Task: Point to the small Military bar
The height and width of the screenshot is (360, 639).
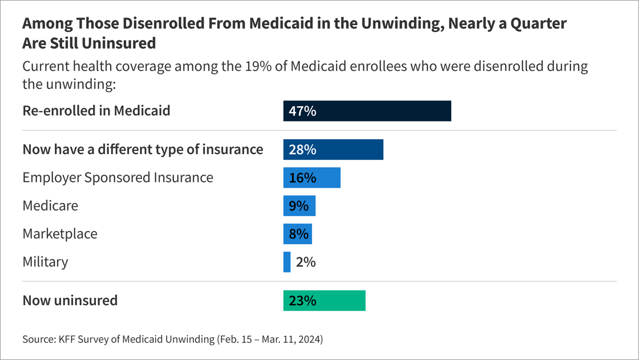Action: pyautogui.click(x=287, y=262)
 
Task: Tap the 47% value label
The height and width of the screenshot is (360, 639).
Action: pyautogui.click(x=302, y=111)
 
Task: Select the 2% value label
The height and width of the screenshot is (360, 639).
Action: pyautogui.click(x=306, y=262)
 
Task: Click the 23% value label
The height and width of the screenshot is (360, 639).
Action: pyautogui.click(x=302, y=301)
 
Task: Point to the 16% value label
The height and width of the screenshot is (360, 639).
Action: pyautogui.click(x=302, y=177)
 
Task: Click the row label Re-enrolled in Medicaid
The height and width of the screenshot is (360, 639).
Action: pyautogui.click(x=96, y=111)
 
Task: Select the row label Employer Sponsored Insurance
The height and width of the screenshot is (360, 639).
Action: pyautogui.click(x=118, y=177)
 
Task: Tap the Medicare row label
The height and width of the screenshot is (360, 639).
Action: pyautogui.click(x=50, y=205)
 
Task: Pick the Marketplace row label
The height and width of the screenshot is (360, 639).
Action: pyautogui.click(x=60, y=233)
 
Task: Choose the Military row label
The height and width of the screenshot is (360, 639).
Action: pyautogui.click(x=45, y=262)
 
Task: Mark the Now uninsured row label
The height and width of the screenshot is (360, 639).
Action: pyautogui.click(x=70, y=300)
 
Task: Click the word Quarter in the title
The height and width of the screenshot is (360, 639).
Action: pyautogui.click(x=538, y=24)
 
